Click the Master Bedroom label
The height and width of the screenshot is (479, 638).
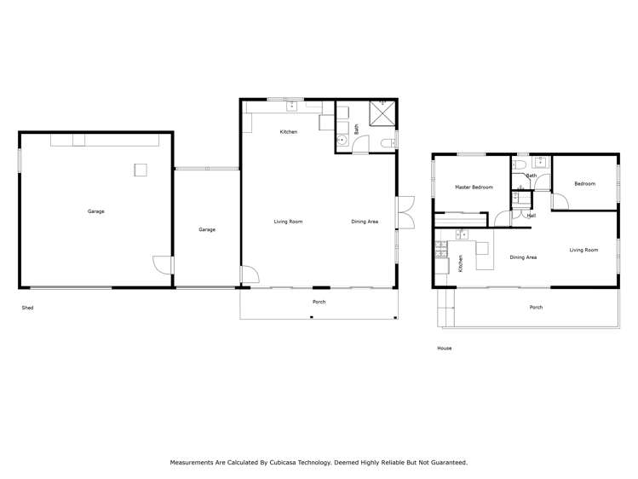[474, 188]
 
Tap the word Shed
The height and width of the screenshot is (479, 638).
[27, 308]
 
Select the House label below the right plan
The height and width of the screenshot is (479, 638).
[445, 348]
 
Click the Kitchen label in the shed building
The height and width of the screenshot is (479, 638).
[289, 132]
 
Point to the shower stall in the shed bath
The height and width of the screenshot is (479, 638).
[382, 113]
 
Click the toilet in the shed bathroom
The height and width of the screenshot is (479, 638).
[388, 143]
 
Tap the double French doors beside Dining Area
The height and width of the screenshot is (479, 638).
[406, 212]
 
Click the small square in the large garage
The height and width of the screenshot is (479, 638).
[141, 170]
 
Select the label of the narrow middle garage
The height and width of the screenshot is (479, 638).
[207, 229]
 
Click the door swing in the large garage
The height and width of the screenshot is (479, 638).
[162, 265]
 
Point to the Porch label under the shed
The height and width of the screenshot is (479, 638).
[319, 302]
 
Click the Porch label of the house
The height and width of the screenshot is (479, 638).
[536, 308]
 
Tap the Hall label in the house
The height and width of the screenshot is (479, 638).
[532, 216]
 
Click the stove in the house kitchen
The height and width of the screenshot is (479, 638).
[441, 249]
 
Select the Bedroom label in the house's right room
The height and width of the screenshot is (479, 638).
[584, 184]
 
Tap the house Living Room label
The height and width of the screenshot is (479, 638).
[583, 250]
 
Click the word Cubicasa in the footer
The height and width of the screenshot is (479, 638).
[284, 462]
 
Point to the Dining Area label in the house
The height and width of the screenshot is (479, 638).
[523, 257]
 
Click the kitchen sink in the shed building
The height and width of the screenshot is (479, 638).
[292, 107]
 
